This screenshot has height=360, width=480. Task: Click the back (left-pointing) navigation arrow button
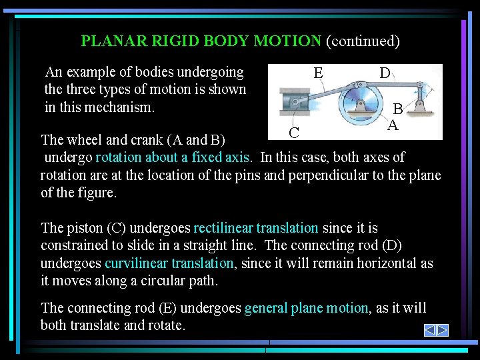pyautogui.click(x=430, y=330)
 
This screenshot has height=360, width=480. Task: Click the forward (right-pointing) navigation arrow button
pyautogui.click(x=442, y=330)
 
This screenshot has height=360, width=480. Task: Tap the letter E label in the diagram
pyautogui.click(x=319, y=73)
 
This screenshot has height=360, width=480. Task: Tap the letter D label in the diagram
pyautogui.click(x=385, y=73)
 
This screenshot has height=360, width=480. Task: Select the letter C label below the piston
pyautogui.click(x=294, y=132)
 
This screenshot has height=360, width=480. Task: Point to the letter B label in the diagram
pyautogui.click(x=397, y=109)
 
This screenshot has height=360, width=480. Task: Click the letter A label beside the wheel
pyautogui.click(x=393, y=125)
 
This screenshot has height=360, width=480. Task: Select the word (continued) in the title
pyautogui.click(x=363, y=41)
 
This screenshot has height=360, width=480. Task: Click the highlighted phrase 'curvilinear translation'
pyautogui.click(x=169, y=263)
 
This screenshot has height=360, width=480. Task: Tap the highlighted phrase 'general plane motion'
pyautogui.click(x=306, y=308)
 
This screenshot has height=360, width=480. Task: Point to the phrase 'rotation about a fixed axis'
pyautogui.click(x=173, y=157)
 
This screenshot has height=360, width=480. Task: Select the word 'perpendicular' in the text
pyautogui.click(x=345, y=175)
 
